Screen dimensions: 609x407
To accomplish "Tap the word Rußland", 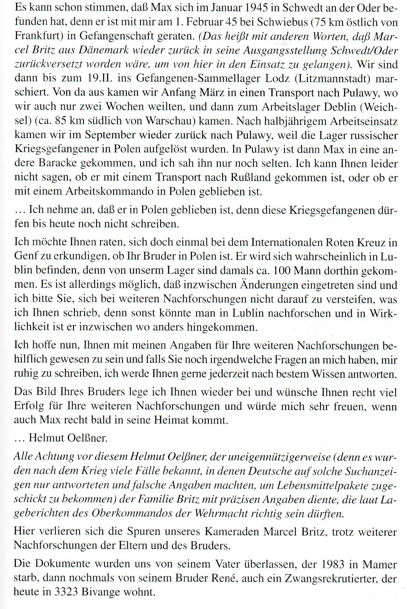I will [251, 177].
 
